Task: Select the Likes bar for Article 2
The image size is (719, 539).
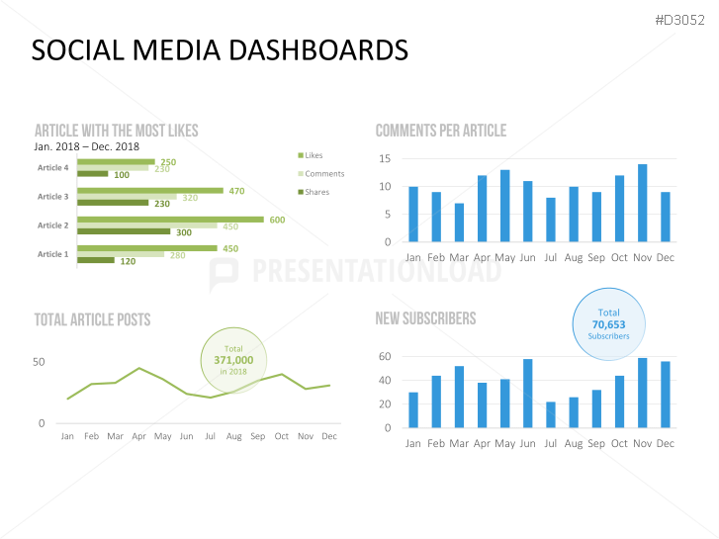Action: (x=170, y=220)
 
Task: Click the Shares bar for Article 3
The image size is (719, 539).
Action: (x=115, y=204)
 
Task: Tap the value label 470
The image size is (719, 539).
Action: (x=236, y=191)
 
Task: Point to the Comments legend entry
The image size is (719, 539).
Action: (x=323, y=174)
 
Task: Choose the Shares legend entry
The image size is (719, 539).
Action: (x=316, y=192)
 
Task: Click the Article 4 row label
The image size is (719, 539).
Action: (x=53, y=168)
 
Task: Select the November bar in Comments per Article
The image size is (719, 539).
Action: (x=642, y=203)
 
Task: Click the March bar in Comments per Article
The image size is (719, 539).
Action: (x=459, y=223)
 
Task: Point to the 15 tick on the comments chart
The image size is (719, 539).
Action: (x=385, y=158)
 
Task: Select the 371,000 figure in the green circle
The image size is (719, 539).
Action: (x=233, y=360)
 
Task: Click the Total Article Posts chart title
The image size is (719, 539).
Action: (x=92, y=319)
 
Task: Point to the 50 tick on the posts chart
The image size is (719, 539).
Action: (x=39, y=362)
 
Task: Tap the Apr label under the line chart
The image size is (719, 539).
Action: (x=139, y=436)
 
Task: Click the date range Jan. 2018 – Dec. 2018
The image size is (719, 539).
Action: (x=87, y=146)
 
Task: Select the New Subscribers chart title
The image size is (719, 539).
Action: (x=425, y=318)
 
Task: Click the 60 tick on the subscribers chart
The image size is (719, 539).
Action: (x=385, y=356)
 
